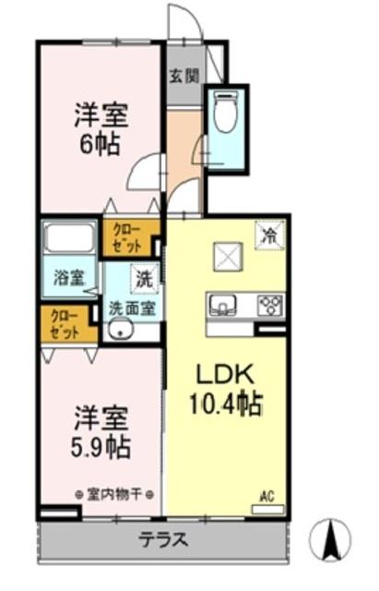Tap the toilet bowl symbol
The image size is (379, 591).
tap(226, 110)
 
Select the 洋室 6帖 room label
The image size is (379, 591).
tap(101, 129)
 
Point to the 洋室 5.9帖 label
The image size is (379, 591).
tap(101, 431)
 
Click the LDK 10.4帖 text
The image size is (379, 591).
tap(226, 390)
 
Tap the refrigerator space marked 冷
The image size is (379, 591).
tap(270, 235)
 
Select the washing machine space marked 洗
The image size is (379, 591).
tap(144, 279)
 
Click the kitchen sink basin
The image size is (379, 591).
tap(223, 305)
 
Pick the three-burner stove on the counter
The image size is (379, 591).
tap(270, 306)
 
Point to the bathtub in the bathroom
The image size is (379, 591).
tap(70, 238)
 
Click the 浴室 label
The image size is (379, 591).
tap(69, 279)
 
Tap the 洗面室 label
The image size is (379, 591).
tap(132, 309)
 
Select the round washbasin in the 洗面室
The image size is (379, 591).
tap(120, 331)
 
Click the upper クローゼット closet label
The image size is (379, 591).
tap(127, 238)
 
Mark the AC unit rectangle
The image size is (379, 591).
tap(267, 510)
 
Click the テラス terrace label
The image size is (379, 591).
tap(163, 539)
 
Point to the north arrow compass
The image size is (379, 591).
tap(330, 538)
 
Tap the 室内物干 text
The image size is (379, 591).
tap(114, 494)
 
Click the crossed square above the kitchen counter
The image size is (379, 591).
tap(228, 257)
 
